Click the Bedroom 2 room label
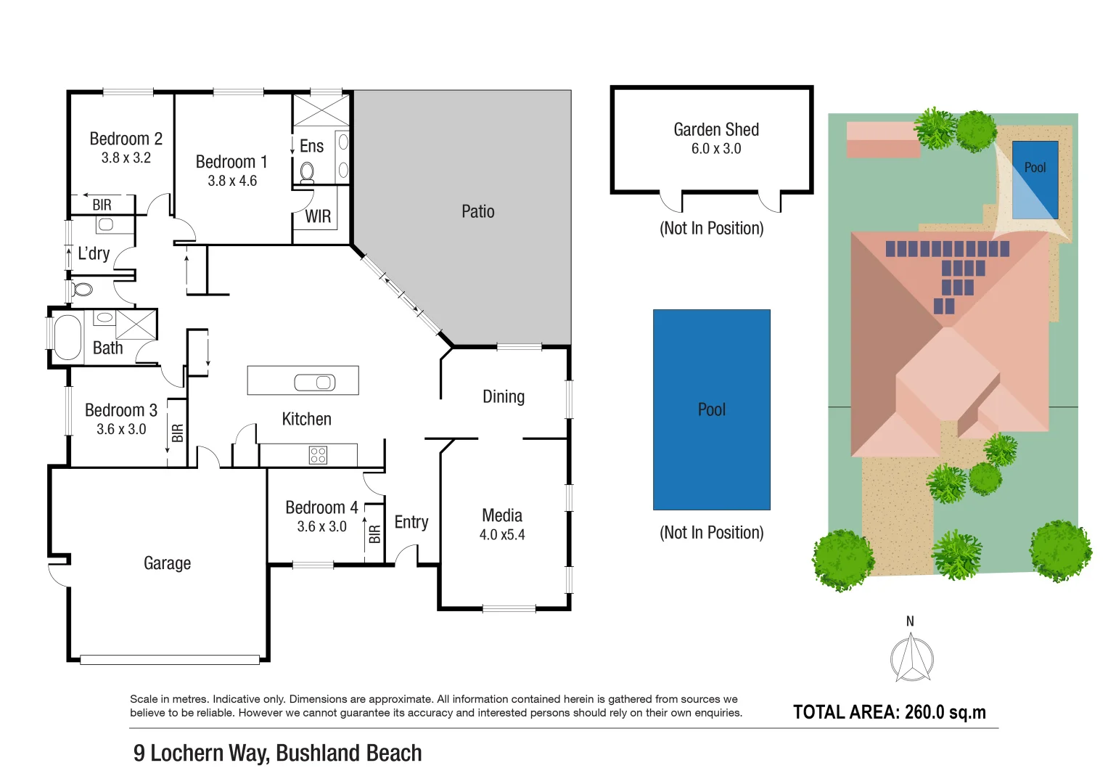[x=126, y=139]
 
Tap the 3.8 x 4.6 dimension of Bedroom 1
[x=232, y=181]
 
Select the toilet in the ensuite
[x=307, y=172]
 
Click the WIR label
[x=318, y=216]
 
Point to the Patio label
[x=477, y=212]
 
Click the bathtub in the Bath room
[x=67, y=337]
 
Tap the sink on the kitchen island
[x=315, y=382]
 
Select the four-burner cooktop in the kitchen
[x=318, y=455]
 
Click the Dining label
[x=503, y=397]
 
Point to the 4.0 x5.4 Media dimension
[x=501, y=535]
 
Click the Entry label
[x=411, y=523]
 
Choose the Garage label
[x=167, y=563]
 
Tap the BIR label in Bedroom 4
[x=374, y=534]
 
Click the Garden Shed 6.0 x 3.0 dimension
[x=715, y=149]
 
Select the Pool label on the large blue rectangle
[x=711, y=410]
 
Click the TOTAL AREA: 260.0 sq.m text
[x=889, y=712]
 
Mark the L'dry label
[x=94, y=254]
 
